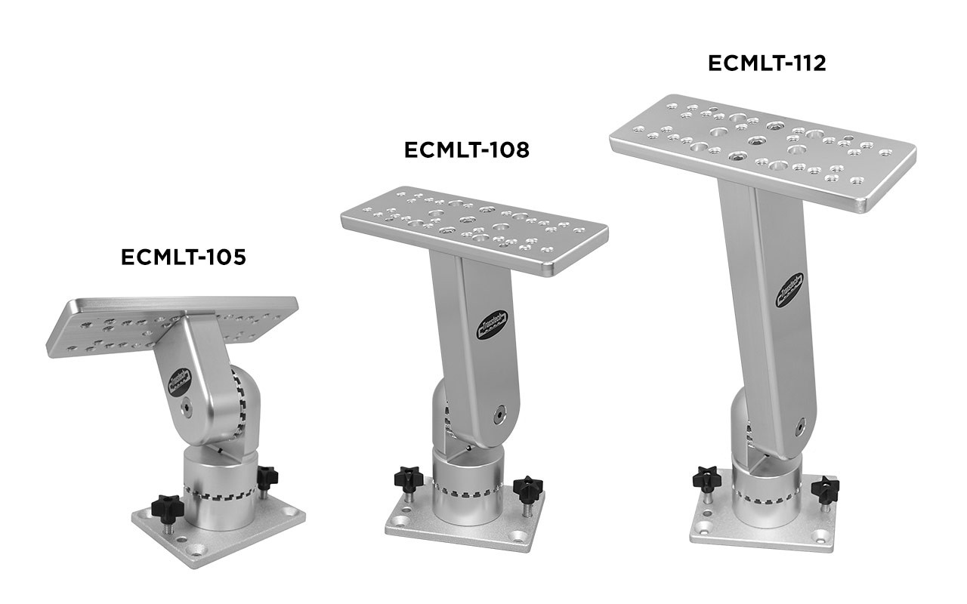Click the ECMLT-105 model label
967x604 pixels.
184,257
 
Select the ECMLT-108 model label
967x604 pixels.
467,149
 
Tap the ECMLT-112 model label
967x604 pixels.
767,63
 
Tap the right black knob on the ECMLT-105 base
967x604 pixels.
267,476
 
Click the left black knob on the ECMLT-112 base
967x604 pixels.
706,478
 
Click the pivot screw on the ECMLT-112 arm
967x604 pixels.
797,427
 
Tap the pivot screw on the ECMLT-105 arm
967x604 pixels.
185,408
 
